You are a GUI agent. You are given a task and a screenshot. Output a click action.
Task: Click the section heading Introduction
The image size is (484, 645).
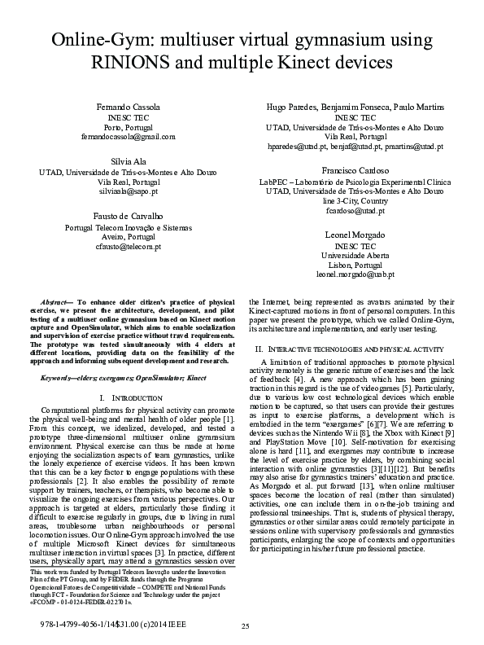click(125, 398)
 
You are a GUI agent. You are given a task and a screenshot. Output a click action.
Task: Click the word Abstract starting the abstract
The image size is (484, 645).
click(58, 302)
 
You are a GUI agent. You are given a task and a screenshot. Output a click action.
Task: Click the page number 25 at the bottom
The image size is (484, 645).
click(244, 625)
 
